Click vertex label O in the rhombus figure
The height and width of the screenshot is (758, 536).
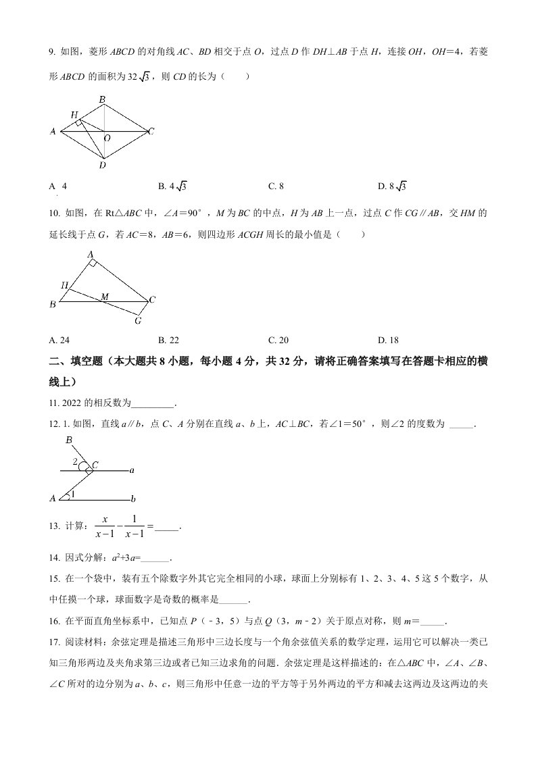coord(107,138)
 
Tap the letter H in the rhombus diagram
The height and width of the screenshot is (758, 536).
coord(74,115)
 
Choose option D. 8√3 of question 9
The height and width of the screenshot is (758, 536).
coord(392,186)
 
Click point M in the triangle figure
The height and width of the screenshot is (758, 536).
coord(104,296)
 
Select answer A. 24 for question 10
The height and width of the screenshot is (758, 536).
coord(60,340)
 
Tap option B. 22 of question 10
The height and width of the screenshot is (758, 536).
coord(168,340)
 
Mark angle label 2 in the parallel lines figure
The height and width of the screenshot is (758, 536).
coord(76,462)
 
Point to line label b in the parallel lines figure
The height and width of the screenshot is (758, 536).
coord(134,499)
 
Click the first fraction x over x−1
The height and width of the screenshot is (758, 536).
coord(105,526)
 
